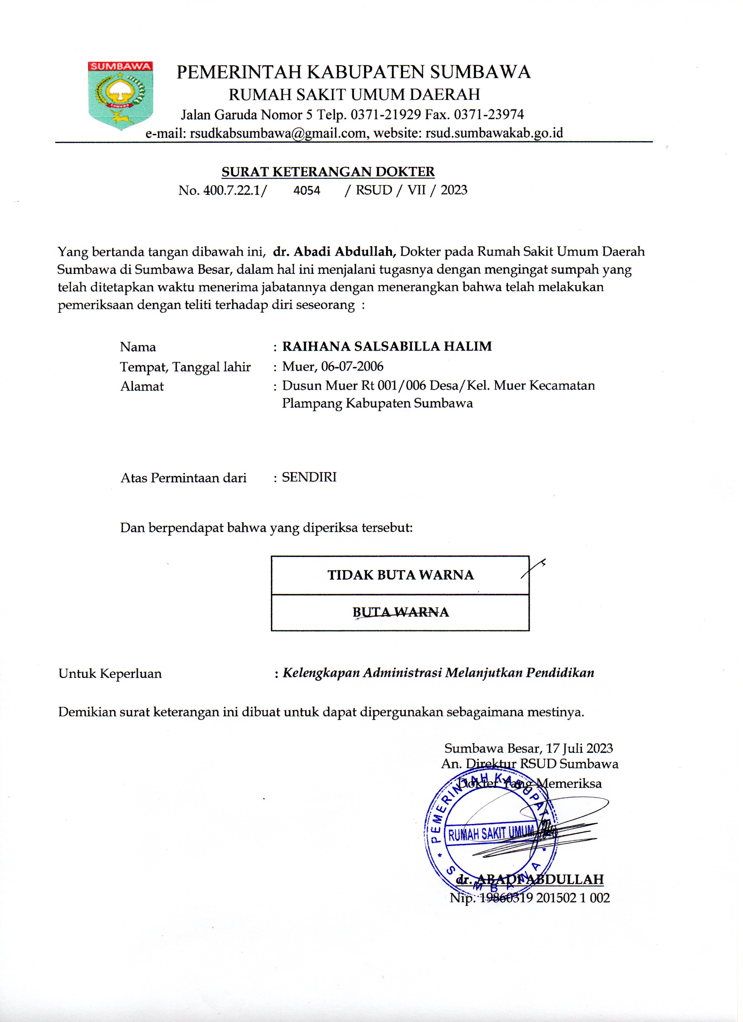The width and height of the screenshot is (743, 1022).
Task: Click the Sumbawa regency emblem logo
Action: tap(120, 95)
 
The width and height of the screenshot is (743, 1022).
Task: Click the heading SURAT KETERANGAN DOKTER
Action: tap(328, 172)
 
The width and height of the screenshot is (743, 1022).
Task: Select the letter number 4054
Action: tap(307, 190)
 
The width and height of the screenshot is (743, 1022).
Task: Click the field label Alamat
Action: tap(142, 386)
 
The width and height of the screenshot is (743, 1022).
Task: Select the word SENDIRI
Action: tap(309, 477)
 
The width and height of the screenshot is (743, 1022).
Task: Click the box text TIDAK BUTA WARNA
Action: tap(400, 575)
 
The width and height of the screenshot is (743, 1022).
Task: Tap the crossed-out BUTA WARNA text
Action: tap(400, 612)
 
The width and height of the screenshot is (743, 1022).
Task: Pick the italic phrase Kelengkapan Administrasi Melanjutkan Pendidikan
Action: tap(438, 673)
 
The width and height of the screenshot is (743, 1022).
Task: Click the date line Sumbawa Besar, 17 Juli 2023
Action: tap(528, 749)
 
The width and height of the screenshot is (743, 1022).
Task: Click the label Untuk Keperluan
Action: tap(110, 674)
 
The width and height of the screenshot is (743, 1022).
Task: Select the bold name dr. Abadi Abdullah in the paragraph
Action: tap(334, 251)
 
